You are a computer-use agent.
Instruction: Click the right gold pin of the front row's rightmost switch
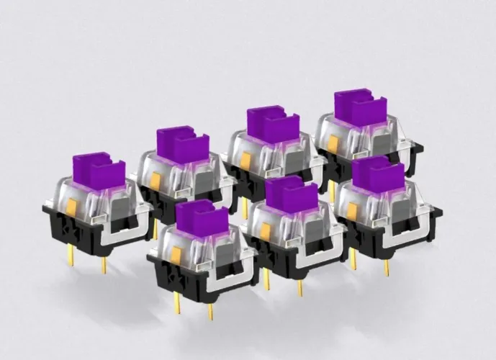[387, 266]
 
